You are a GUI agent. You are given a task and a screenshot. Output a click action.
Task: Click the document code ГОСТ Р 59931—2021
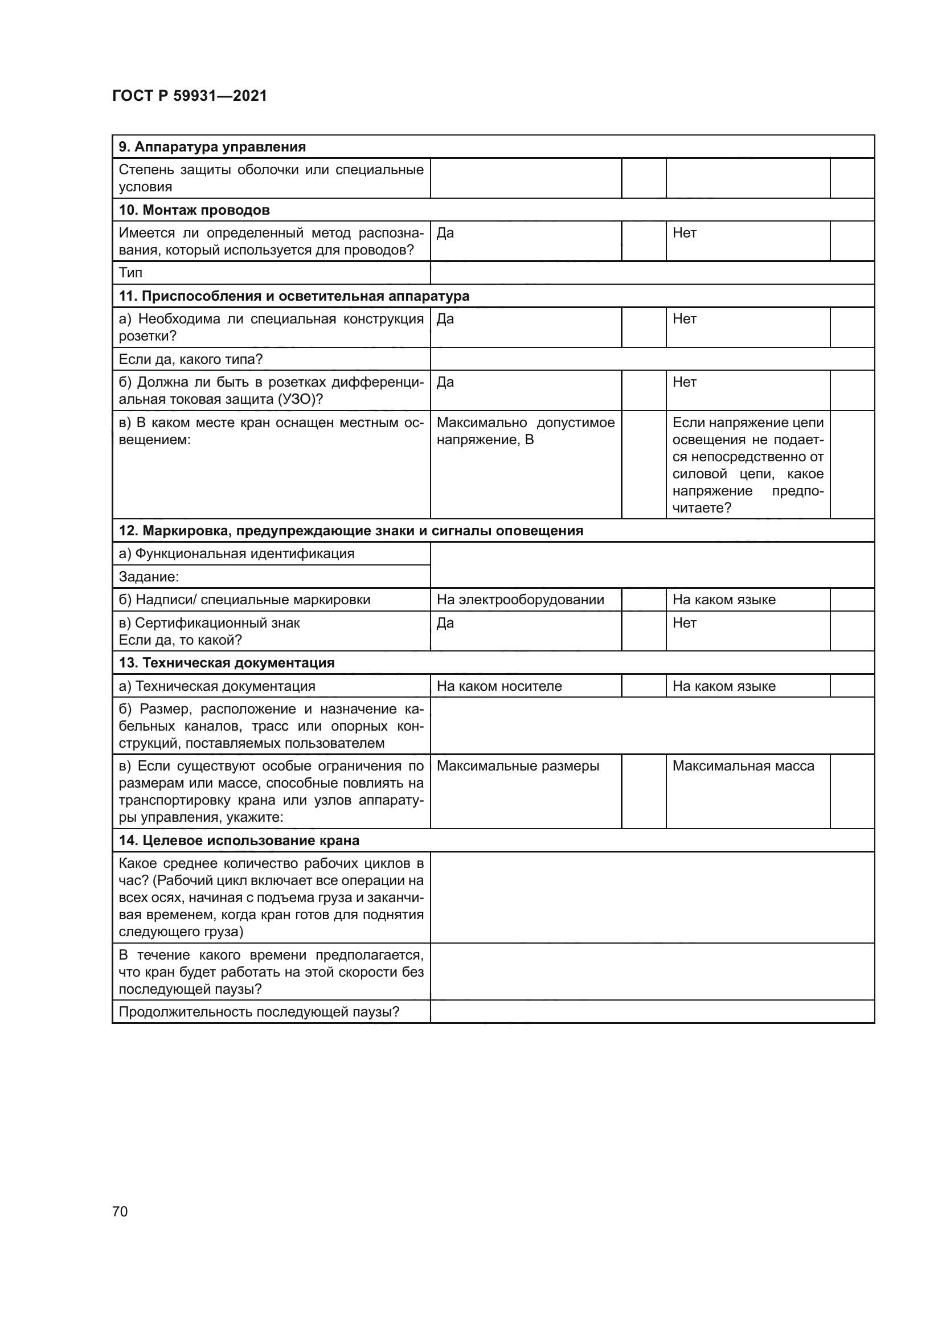point(190,96)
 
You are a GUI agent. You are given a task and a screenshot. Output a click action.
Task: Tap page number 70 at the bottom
point(120,1211)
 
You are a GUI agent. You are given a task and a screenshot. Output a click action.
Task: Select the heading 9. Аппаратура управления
point(212,147)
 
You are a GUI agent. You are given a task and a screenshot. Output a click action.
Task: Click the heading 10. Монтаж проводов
point(194,210)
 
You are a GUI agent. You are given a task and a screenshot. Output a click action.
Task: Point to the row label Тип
point(130,273)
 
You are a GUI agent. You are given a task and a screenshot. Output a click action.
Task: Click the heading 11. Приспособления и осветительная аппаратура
point(294,296)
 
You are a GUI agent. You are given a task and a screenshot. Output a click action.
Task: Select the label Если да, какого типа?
point(191,359)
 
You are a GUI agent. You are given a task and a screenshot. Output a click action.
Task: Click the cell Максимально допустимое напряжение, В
point(525,431)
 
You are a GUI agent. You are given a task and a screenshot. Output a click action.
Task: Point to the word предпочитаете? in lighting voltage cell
point(702,508)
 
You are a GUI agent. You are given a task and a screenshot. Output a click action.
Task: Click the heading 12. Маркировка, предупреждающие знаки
point(351,531)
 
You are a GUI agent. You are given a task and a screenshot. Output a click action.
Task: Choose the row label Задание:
point(149,577)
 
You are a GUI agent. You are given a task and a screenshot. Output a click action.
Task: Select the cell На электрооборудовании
point(521,600)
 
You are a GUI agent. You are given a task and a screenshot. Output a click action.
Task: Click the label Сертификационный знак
point(218,623)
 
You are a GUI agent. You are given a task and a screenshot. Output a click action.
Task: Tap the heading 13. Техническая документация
point(227,663)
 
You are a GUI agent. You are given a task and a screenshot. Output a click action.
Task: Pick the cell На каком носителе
point(499,686)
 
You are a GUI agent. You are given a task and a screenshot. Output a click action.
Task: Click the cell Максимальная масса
point(743,767)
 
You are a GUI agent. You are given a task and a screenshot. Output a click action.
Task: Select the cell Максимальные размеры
point(517,767)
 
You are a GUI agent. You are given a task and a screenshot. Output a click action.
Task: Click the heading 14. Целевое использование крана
point(239,841)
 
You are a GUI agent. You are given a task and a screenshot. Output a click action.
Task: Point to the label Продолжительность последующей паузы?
point(259,1013)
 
